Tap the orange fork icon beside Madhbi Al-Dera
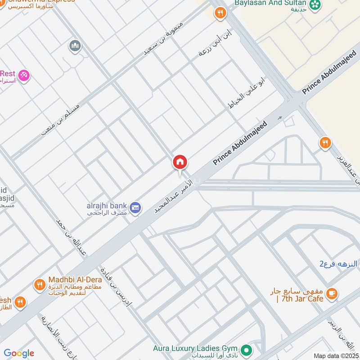click(40, 284)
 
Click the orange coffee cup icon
click(332, 293)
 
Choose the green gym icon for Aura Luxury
click(246, 349)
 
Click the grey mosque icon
click(75, 45)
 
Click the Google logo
click(19, 353)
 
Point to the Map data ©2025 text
click(336, 355)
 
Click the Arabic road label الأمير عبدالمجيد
click(174, 197)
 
